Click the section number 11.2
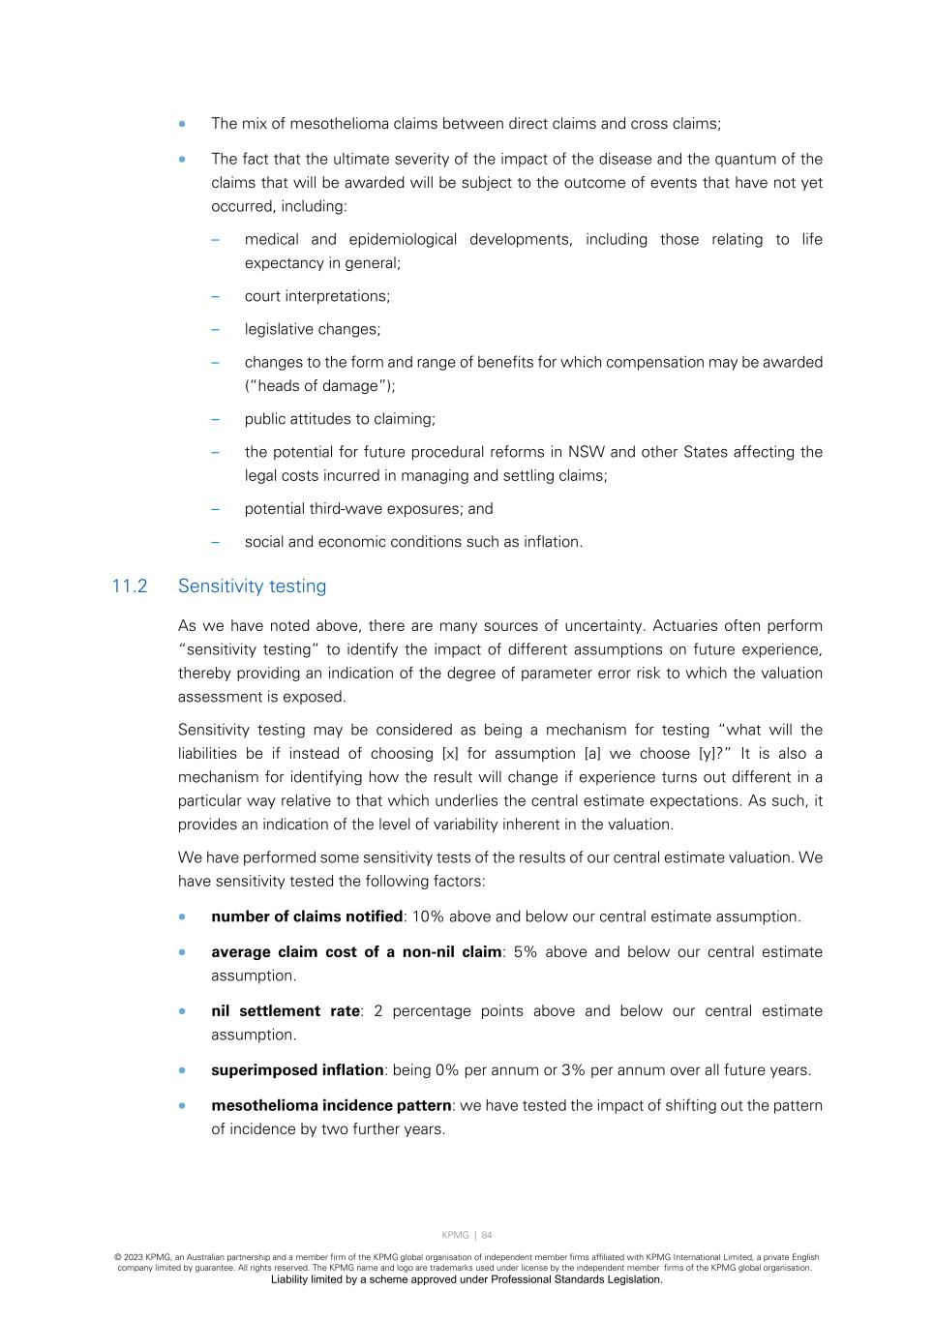(x=130, y=586)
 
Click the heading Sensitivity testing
(x=252, y=586)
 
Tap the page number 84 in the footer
(x=487, y=1235)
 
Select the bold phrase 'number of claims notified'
(x=307, y=916)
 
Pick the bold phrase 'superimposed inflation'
(x=297, y=1070)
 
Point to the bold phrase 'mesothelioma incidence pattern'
(x=331, y=1105)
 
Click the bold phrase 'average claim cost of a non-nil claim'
(x=356, y=952)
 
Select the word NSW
(x=587, y=452)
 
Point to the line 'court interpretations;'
(x=317, y=296)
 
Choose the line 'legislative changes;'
(x=313, y=329)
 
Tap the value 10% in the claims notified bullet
(x=427, y=916)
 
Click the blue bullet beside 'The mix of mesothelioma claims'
(x=182, y=124)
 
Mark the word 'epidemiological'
(x=403, y=240)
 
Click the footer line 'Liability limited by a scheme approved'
(x=467, y=1279)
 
